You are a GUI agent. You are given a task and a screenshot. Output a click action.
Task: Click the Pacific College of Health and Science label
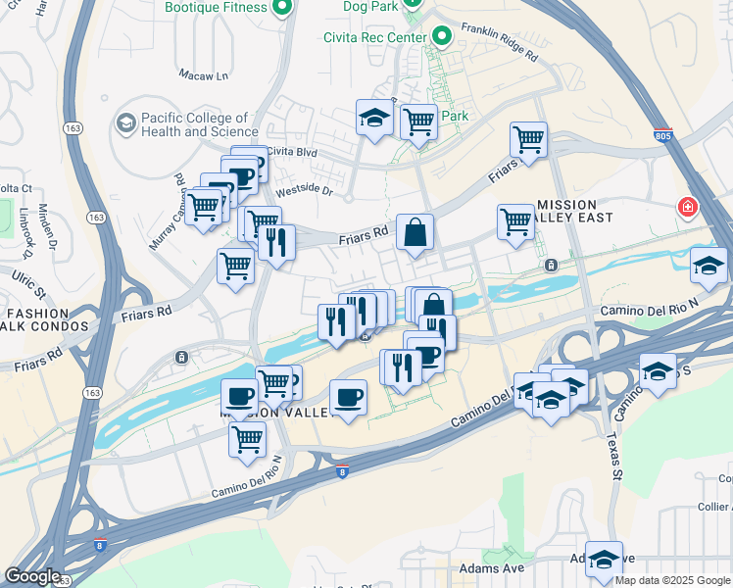tap(200, 124)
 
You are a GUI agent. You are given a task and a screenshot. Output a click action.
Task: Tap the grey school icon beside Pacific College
tap(125, 123)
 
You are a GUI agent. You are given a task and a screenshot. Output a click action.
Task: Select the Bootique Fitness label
tap(216, 8)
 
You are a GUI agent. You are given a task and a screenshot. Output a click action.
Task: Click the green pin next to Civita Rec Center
tap(442, 37)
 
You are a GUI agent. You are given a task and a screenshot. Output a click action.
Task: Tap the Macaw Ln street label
tap(203, 74)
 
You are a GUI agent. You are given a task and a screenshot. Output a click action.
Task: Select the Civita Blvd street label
tap(293, 152)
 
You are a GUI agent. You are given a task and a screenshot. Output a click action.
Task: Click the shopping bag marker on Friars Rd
tap(415, 233)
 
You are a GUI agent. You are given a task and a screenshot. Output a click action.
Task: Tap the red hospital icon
tap(688, 208)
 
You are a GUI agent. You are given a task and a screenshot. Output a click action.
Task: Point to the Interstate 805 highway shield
tap(664, 134)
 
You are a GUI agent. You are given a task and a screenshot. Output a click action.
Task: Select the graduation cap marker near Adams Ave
tap(605, 559)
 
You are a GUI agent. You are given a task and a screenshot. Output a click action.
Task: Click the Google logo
tap(32, 576)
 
